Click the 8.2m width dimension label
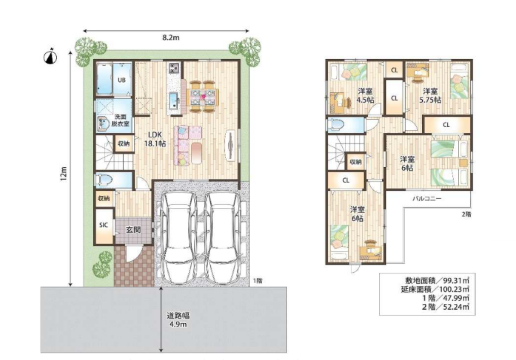point(171,37)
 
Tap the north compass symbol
point(50,56)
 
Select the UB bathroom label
point(122,80)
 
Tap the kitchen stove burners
point(173,68)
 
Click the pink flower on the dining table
point(203,97)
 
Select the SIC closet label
point(104,225)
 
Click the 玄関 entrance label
point(133,229)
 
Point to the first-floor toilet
point(104,180)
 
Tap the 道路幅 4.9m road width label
point(178,320)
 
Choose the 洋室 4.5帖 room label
point(365,95)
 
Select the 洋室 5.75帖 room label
point(430,95)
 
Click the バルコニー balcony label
point(427,198)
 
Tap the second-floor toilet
point(336,125)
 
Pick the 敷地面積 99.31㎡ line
point(437,281)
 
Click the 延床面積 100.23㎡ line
point(435,290)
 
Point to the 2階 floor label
point(467,214)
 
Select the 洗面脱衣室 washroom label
point(120,120)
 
